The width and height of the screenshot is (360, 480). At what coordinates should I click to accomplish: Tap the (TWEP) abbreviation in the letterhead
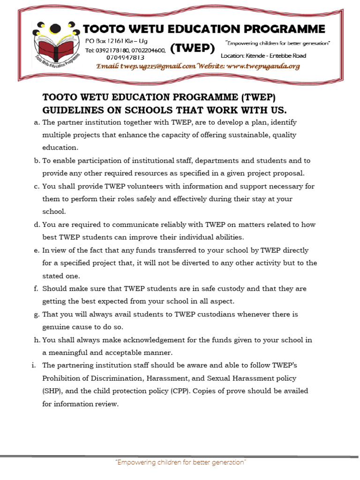[x=193, y=48]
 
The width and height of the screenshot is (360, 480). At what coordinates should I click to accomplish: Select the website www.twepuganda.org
[x=262, y=67]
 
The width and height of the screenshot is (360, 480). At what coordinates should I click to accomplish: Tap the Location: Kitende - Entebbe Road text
[x=270, y=56]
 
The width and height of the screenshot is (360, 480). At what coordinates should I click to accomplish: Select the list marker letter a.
[x=37, y=122]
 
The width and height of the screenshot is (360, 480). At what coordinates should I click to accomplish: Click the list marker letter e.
[x=36, y=250]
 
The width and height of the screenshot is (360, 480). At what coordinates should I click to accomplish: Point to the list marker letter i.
[x=35, y=365]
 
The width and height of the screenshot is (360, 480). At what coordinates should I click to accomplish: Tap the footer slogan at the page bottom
[x=180, y=463]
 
